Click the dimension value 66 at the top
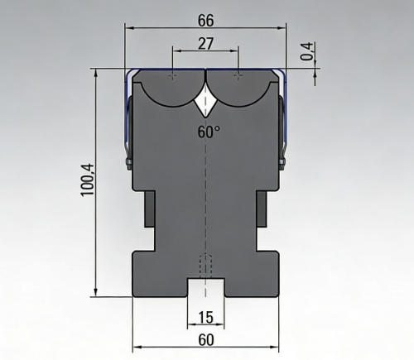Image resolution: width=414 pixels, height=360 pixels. [206, 21]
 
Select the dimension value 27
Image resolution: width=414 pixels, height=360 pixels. [205, 44]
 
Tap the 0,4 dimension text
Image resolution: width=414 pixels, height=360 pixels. [307, 51]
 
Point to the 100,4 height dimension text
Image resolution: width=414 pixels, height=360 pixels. [88, 180]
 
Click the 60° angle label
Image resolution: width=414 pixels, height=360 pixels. [209, 132]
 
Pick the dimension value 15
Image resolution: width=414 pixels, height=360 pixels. [206, 317]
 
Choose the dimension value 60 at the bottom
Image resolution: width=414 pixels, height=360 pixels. [206, 339]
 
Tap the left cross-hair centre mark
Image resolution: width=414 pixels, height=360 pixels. [172, 75]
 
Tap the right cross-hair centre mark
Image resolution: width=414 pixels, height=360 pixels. [238, 75]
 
